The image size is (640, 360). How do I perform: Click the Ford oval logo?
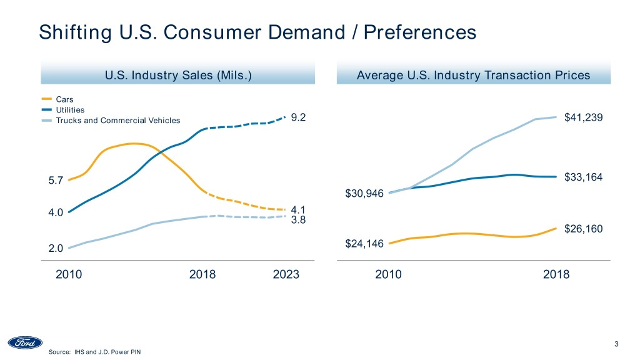(25, 343)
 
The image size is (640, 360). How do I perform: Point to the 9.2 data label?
(299, 118)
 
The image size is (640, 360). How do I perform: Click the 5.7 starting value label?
(56, 181)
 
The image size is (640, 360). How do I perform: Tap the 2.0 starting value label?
(56, 248)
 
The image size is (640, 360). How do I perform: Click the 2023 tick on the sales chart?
(286, 274)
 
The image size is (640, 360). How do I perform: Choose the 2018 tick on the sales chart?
(202, 274)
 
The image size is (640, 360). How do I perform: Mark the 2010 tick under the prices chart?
(389, 274)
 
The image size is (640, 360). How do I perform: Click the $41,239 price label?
(583, 118)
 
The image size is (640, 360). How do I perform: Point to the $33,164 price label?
(583, 177)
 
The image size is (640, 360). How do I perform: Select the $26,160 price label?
(583, 229)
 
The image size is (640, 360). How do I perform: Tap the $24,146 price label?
(364, 243)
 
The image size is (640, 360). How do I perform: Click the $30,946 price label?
(364, 194)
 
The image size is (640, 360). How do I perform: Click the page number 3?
(616, 343)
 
